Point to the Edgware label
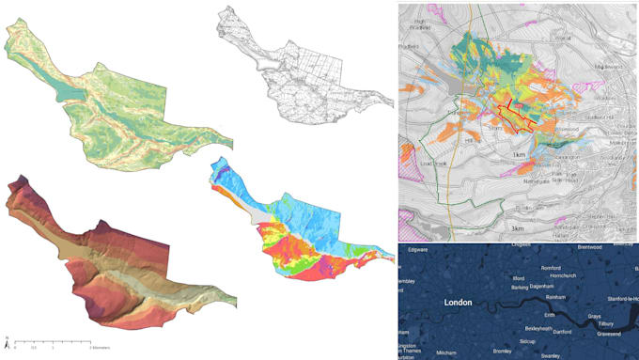click(x=417, y=249)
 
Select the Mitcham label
click(x=446, y=352)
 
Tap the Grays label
click(x=594, y=317)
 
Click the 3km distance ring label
click(x=517, y=228)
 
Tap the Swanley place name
click(x=551, y=356)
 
